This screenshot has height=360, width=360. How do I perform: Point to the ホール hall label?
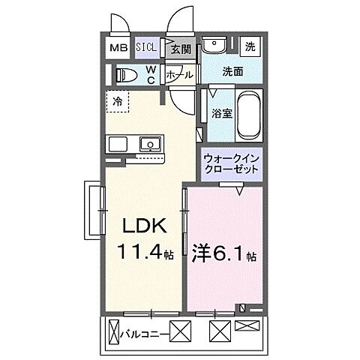point(179,75)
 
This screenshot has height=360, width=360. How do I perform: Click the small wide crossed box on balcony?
point(247,325)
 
